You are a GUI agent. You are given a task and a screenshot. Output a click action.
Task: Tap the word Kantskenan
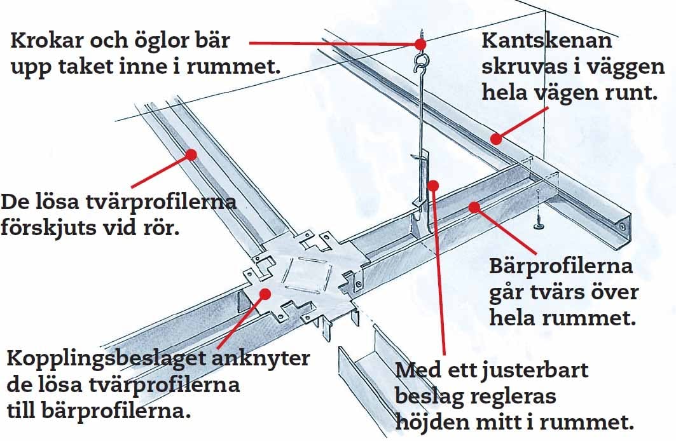(547, 41)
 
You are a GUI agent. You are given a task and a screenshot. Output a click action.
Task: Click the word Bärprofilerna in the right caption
(561, 266)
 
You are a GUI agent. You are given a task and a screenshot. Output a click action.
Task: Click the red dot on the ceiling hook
(421, 44)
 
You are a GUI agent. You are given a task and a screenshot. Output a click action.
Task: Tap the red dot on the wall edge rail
(496, 139)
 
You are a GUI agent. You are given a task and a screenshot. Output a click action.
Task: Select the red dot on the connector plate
(266, 294)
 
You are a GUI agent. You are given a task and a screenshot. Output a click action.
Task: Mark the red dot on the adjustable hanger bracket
(433, 186)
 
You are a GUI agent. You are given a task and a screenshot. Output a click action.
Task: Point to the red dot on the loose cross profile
(191, 154)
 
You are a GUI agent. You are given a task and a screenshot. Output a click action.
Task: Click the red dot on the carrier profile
(474, 208)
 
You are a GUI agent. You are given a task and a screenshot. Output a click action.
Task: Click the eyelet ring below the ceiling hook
(420, 60)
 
